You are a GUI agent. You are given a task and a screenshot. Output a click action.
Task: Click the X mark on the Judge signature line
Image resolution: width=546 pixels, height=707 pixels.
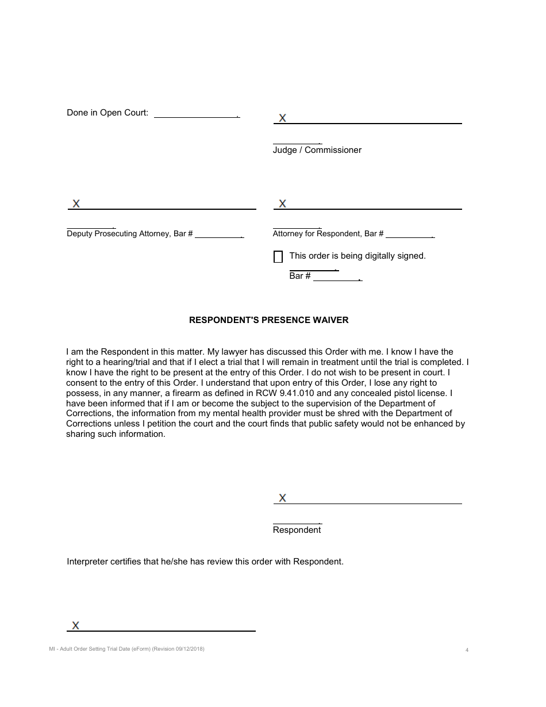point(282,118)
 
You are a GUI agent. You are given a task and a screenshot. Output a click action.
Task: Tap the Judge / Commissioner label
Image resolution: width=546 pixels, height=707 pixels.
point(317,150)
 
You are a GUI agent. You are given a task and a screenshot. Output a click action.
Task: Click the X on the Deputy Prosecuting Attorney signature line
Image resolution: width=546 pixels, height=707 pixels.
point(76,203)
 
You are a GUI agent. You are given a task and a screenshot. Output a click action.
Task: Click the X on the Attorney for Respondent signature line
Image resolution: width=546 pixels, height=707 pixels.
point(282,203)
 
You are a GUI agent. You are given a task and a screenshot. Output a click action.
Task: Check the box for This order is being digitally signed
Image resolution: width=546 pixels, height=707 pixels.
point(278,257)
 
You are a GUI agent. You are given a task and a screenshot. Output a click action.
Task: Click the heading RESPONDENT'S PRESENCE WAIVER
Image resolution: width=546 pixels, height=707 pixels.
point(268,320)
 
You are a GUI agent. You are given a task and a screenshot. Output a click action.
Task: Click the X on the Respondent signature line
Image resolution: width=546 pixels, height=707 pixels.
point(282,498)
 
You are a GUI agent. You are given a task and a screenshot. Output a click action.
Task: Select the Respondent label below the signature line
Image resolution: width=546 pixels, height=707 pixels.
point(297,530)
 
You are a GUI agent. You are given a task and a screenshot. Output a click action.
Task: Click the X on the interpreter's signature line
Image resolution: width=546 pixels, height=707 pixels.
point(75,625)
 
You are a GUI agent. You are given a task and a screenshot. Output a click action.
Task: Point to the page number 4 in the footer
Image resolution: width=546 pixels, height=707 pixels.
point(467,650)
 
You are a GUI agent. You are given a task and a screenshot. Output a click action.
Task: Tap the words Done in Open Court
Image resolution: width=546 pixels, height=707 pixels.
point(107,113)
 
